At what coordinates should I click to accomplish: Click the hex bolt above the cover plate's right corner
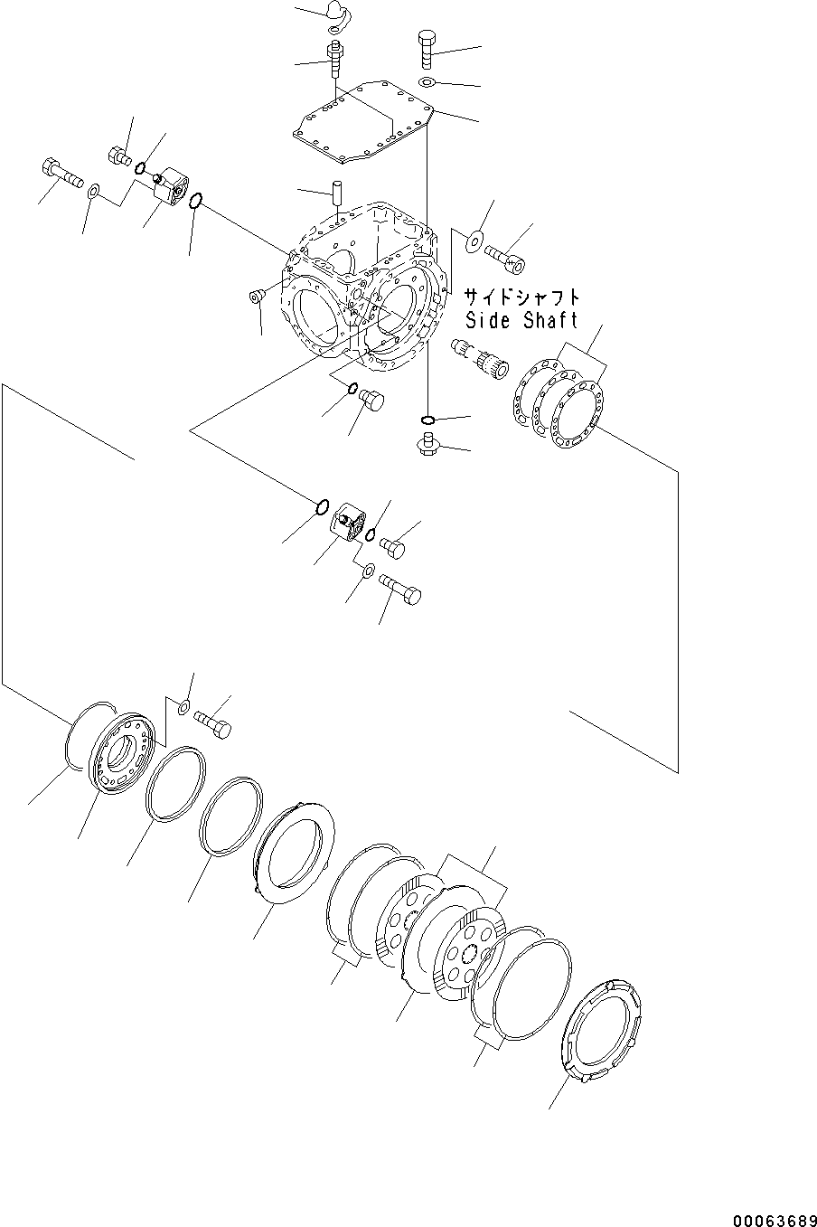pyautogui.click(x=427, y=49)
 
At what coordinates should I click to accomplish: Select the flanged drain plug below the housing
pyautogui.click(x=427, y=444)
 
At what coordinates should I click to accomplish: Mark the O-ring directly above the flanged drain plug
pyautogui.click(x=428, y=420)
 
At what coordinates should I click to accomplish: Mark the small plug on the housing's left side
pyautogui.click(x=255, y=297)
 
